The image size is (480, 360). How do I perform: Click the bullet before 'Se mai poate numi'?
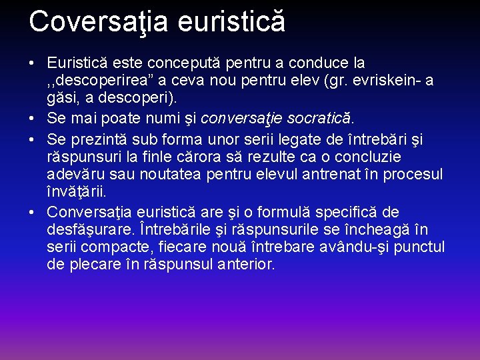pyautogui.click(x=33, y=119)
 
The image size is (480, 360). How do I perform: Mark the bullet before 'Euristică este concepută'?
pyautogui.click(x=33, y=63)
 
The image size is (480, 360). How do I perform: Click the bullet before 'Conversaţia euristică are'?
pyautogui.click(x=33, y=213)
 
